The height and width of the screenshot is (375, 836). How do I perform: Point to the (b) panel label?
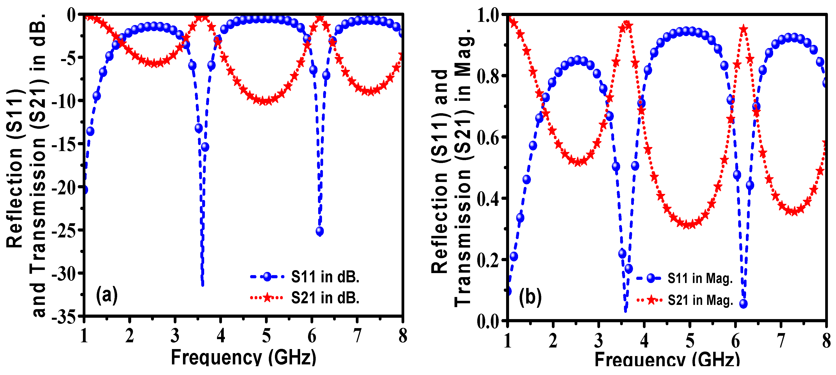[x=530, y=297]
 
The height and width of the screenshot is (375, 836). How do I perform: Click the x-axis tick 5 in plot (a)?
[x=266, y=336]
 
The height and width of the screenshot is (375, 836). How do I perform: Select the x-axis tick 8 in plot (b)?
[x=826, y=341]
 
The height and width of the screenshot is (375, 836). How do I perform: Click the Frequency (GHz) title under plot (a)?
[x=243, y=357]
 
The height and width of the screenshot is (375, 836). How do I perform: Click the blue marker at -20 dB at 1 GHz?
[x=84, y=190]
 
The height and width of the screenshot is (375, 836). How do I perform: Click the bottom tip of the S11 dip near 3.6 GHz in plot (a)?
[x=203, y=285]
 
